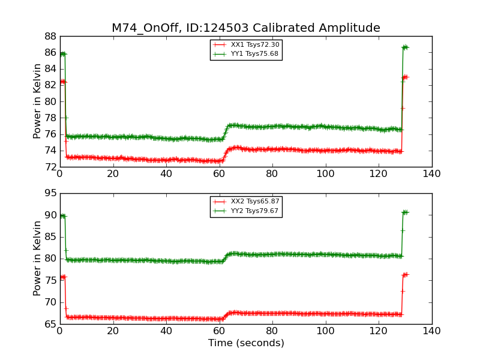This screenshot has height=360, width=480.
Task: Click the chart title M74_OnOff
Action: pos(245,28)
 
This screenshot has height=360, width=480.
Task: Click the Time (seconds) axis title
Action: pos(246,343)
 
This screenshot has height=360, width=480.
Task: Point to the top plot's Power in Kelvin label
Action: pos(37,101)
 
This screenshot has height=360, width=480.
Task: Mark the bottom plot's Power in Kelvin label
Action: pos(37,258)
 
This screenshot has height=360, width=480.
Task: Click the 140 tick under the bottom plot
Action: pos(431,331)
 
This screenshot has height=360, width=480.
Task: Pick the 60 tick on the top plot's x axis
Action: pos(219,174)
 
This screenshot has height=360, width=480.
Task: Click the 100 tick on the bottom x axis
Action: pos(325,331)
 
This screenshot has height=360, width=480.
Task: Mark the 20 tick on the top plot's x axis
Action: pos(113,174)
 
